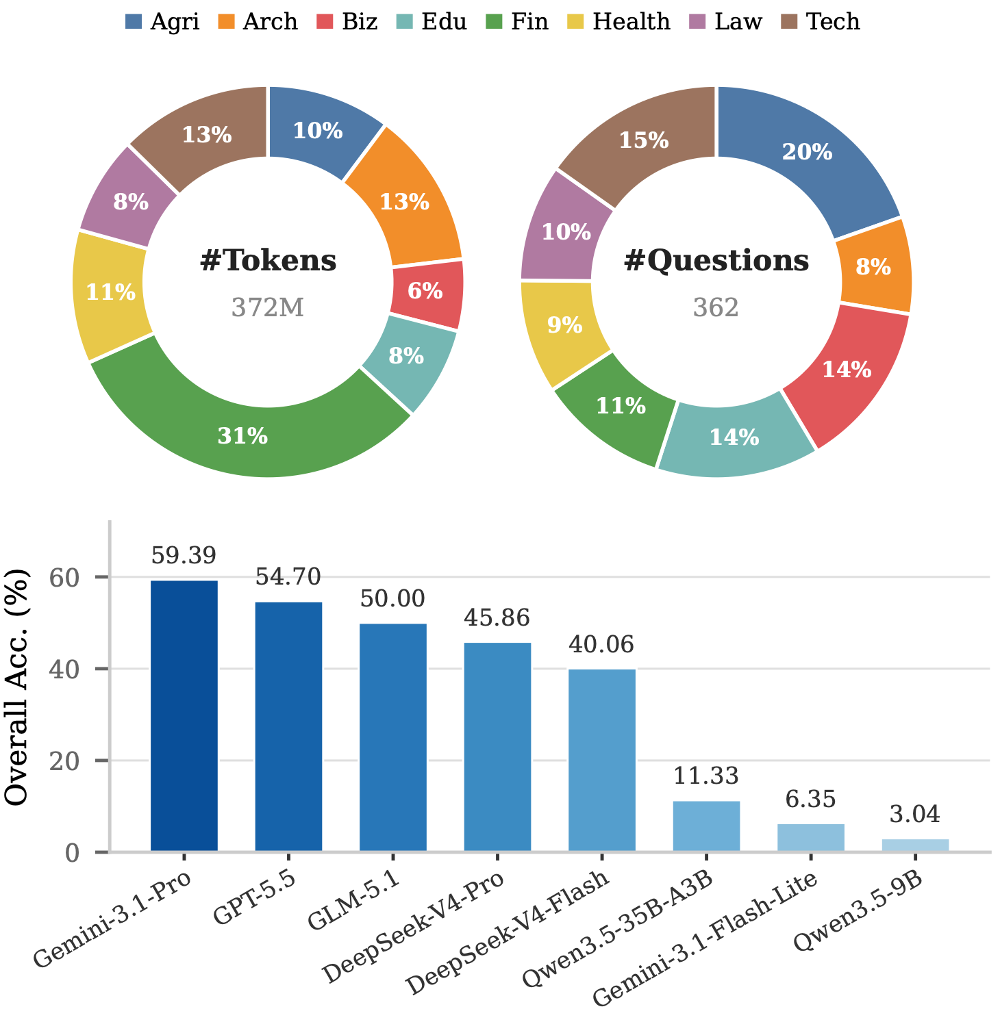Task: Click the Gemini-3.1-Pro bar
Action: click(184, 715)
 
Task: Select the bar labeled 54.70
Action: click(288, 726)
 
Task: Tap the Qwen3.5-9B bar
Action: click(915, 845)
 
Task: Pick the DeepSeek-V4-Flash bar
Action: click(601, 760)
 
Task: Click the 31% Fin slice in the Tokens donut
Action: click(243, 435)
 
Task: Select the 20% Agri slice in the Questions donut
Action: click(807, 152)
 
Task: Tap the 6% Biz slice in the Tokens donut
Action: click(425, 291)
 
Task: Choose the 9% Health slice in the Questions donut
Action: click(564, 325)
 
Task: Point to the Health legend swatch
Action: click(575, 21)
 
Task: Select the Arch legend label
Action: click(270, 21)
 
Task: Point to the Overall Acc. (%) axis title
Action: click(15, 687)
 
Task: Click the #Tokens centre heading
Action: click(268, 260)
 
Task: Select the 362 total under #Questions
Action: click(716, 307)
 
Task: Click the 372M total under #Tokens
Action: click(268, 307)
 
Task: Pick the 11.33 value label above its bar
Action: click(706, 776)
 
